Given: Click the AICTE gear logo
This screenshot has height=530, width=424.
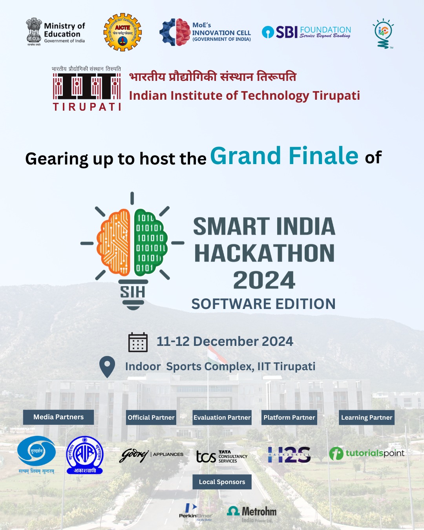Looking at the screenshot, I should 122,32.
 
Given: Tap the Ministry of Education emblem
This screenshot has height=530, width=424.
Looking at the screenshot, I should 34,31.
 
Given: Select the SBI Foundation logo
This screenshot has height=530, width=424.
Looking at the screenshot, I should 306,32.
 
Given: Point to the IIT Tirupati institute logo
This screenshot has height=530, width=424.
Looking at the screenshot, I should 87,89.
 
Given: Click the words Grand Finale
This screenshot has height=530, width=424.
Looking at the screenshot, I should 284,156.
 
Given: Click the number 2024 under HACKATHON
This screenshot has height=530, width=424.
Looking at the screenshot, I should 264,280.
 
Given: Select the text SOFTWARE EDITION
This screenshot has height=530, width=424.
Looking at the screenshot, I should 263,304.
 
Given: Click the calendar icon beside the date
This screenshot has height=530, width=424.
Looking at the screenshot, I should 138,342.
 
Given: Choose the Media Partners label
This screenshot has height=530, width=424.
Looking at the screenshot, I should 58,417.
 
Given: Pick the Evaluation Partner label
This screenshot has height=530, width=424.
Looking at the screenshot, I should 222,417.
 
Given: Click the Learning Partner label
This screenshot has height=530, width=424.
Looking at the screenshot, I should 367,417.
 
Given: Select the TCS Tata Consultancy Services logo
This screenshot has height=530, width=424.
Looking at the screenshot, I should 222,456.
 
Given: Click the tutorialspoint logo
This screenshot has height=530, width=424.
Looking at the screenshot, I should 367,453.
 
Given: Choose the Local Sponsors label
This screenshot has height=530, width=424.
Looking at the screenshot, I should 222,482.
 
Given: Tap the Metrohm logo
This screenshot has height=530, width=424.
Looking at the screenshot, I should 252,513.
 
